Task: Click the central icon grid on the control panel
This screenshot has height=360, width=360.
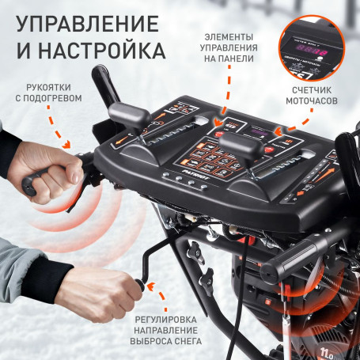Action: (x=210, y=161)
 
